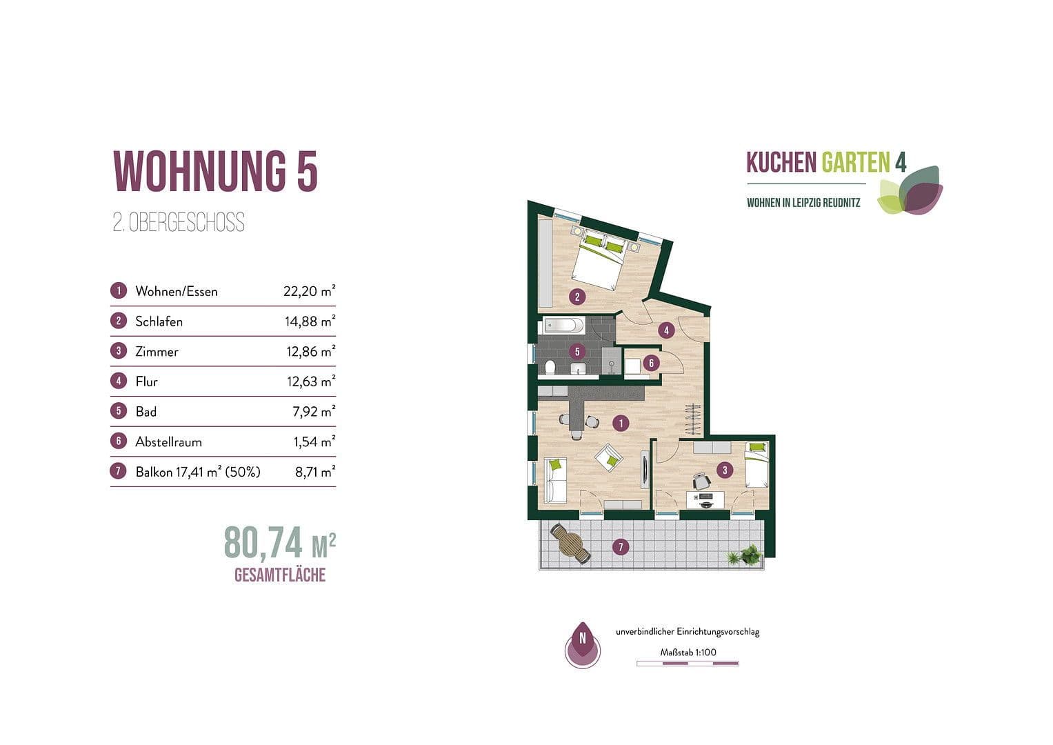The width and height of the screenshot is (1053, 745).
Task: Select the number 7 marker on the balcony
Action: (621, 548)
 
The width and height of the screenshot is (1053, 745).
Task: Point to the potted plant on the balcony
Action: (747, 555)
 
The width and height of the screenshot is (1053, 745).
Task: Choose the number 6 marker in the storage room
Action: (650, 362)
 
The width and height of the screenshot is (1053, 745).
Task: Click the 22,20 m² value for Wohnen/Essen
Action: (309, 291)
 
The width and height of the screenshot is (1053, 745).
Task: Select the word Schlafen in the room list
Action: (159, 321)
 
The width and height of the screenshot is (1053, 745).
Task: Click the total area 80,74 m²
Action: (279, 544)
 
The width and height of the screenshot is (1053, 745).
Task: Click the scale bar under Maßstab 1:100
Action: (687, 664)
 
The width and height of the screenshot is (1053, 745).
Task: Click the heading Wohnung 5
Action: (215, 170)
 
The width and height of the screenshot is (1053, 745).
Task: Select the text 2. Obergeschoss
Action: (179, 223)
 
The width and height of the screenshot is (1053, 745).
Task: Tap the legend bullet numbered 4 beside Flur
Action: (119, 381)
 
